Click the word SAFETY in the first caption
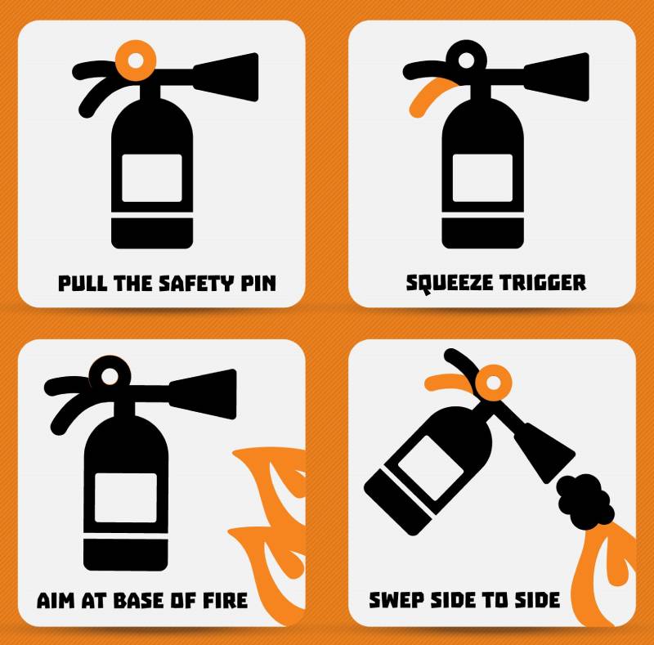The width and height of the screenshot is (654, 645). (x=197, y=284)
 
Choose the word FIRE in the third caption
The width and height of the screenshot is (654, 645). (x=226, y=600)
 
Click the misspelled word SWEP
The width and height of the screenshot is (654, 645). (x=396, y=600)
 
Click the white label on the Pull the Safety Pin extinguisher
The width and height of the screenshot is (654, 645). (x=152, y=178)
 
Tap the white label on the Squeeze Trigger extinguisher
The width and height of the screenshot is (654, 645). (x=482, y=178)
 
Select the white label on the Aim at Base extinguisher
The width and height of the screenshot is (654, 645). (x=126, y=498)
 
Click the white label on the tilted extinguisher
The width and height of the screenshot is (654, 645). (x=431, y=468)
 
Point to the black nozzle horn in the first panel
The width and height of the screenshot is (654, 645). (x=226, y=77)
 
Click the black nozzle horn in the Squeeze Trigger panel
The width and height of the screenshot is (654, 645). (x=557, y=77)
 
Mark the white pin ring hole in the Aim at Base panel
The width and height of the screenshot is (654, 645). (x=110, y=377)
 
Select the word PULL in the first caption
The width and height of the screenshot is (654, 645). (x=83, y=284)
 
